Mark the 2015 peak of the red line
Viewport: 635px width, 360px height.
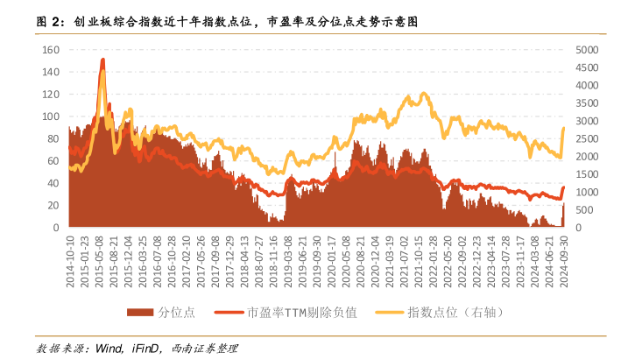pyautogui.click(x=102, y=60)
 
